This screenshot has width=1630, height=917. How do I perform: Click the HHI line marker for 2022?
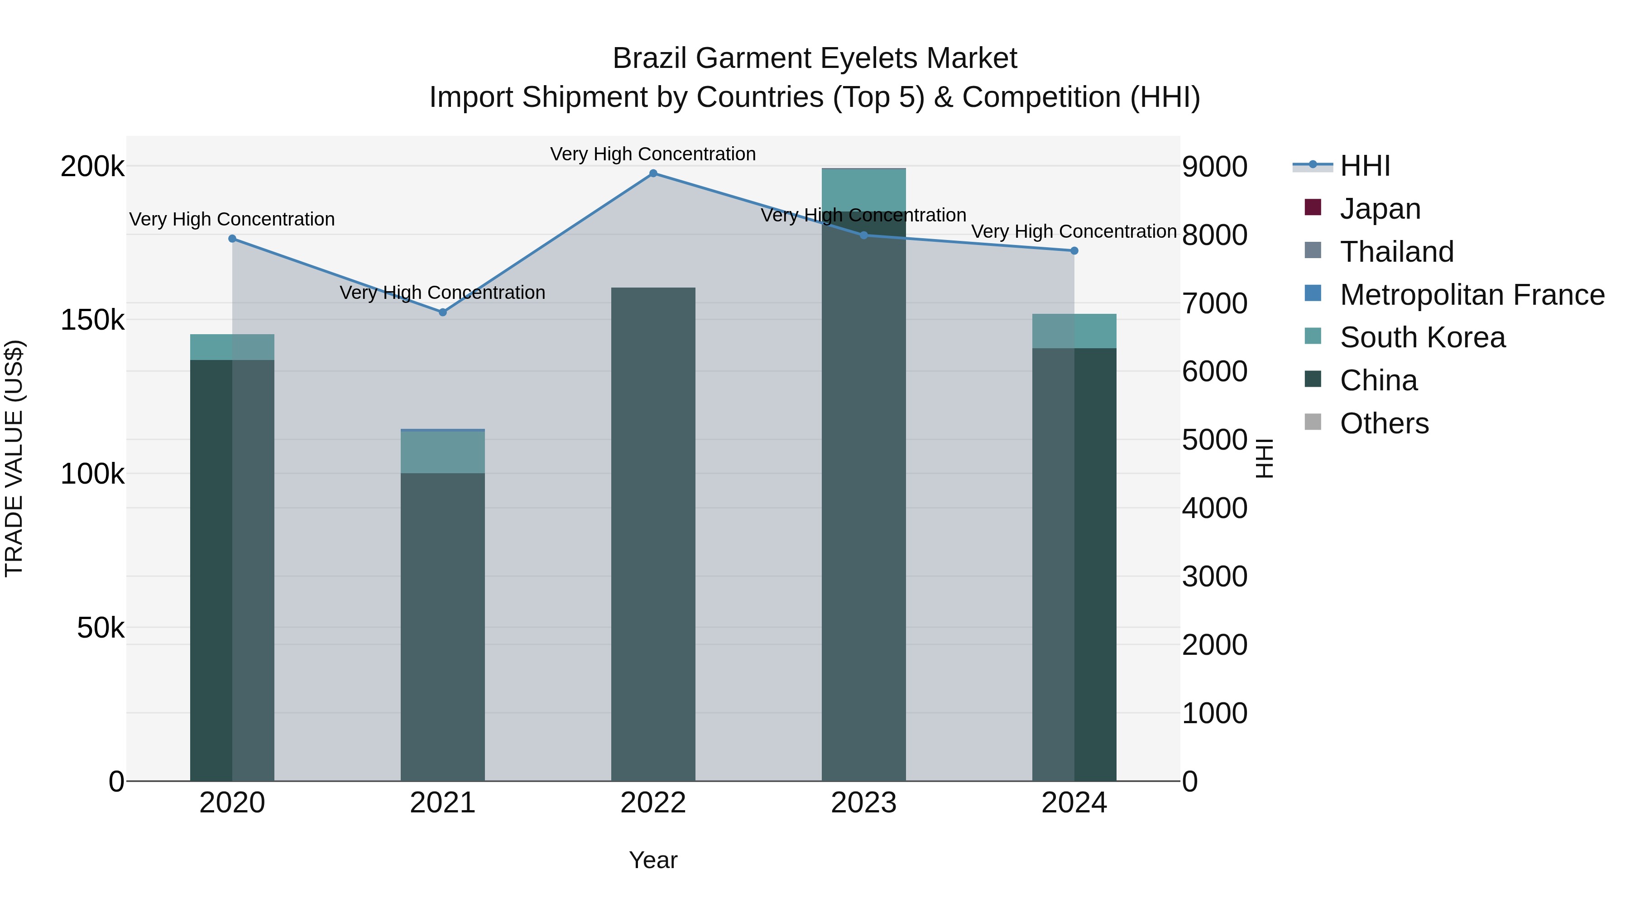coord(653,173)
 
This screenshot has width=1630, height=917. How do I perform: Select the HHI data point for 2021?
coord(442,312)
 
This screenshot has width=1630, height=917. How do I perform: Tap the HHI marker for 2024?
coord(1074,250)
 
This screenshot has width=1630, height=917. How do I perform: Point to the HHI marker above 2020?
coord(232,239)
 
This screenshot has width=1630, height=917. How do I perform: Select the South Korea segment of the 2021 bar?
coord(442,452)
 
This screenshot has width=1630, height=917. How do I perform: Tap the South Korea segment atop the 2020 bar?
coord(232,347)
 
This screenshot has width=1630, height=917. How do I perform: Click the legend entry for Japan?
coord(1380,208)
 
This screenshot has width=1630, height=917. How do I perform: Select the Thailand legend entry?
coord(1396,251)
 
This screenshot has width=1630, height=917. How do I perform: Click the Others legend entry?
coord(1384,423)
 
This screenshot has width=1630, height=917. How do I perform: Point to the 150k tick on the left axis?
coord(92,320)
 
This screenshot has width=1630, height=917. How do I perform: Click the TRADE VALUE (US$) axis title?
coord(14,458)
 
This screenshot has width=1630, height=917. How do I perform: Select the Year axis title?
coord(653,860)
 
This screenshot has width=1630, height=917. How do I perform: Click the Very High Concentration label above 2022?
coord(653,154)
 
